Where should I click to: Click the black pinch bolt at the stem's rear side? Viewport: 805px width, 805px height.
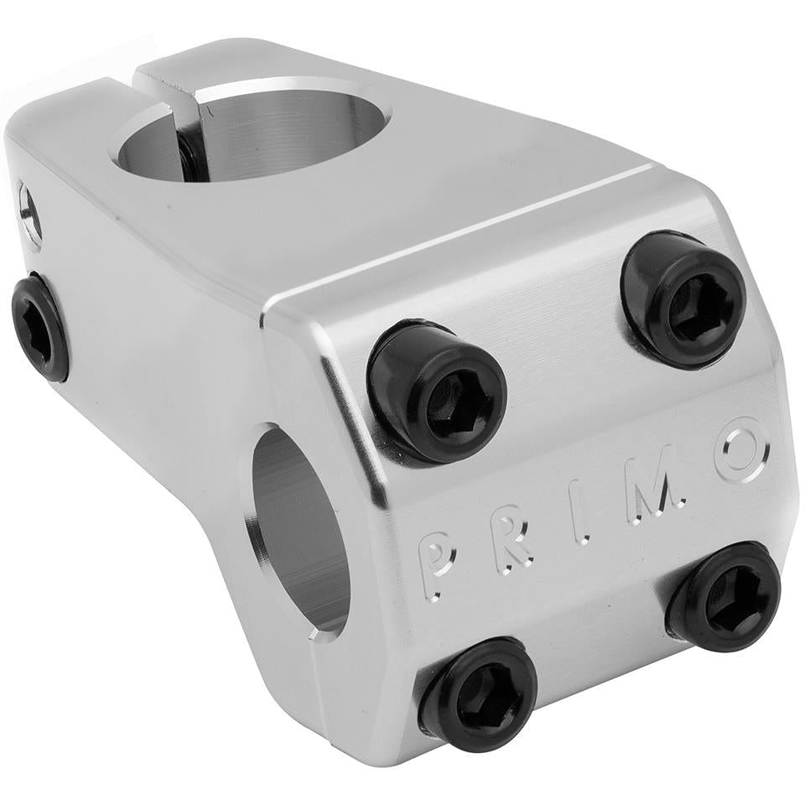39,327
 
